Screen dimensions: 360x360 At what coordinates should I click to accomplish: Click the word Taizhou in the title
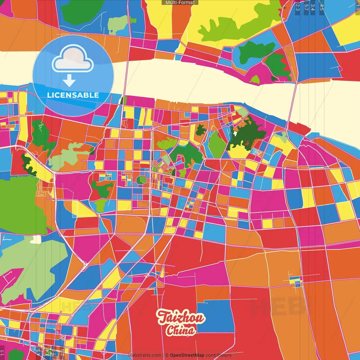point(181,318)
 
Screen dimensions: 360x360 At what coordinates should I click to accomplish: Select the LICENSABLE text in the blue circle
point(73,95)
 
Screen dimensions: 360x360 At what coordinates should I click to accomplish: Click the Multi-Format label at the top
point(180,3)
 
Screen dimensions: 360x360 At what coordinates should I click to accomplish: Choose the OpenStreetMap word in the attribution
point(187,355)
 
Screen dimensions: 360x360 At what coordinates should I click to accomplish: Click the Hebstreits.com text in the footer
point(145,355)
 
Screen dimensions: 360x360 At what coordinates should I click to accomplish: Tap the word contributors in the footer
point(219,355)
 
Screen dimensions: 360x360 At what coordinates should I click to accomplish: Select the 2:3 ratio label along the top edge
point(298,7)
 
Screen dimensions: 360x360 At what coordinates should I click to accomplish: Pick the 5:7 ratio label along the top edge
point(306,7)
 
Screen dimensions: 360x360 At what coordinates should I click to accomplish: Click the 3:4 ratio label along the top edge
point(313,7)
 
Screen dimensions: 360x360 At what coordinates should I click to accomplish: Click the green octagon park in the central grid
point(141,179)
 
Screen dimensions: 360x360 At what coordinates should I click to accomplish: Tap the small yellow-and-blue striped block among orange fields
point(295,280)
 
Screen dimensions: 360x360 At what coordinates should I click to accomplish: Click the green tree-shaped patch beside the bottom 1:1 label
point(16,354)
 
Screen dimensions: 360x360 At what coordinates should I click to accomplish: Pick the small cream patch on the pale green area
point(36,239)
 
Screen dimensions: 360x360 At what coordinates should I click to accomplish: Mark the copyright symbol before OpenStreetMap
point(167,355)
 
